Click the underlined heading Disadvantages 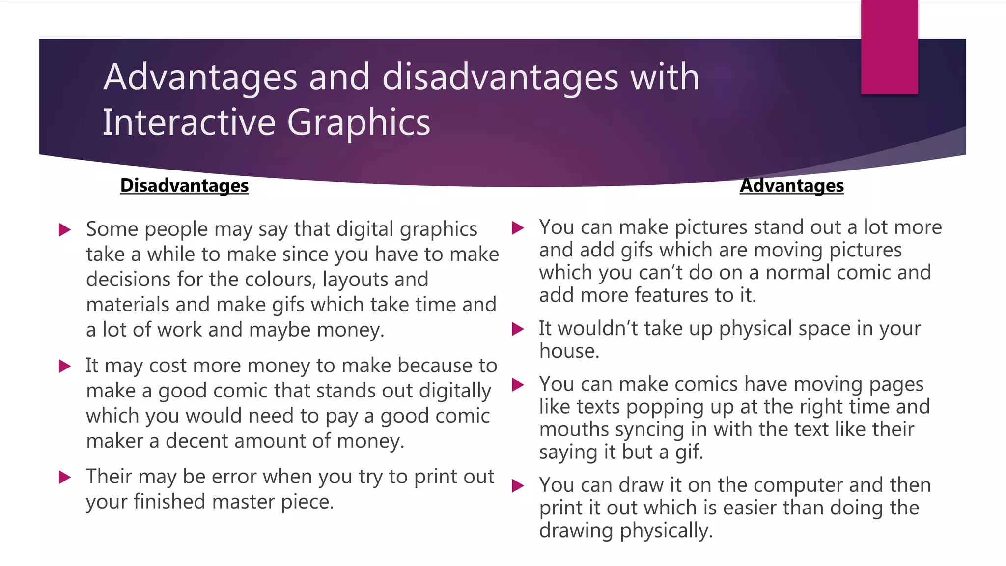tap(184, 185)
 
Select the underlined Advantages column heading tap(791, 185)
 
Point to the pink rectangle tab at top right tap(889, 47)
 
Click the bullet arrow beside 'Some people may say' tap(65, 229)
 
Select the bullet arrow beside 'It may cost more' tap(65, 366)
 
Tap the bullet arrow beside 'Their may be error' tap(65, 477)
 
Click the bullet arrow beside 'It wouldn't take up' tap(518, 329)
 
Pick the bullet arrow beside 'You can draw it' tap(518, 486)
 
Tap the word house tap(568, 351)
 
